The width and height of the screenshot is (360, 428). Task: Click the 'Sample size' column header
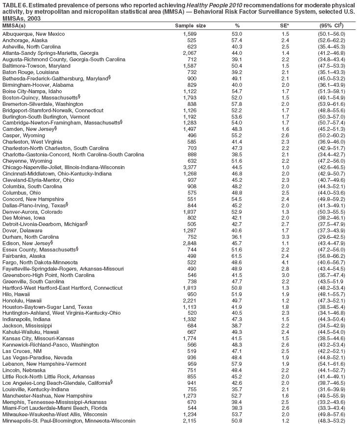coord(190,25)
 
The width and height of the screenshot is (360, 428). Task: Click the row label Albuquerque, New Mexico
coord(33,33)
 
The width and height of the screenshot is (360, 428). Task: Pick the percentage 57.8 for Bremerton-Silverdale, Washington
coord(237,105)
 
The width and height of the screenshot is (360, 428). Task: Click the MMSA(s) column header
coord(14,25)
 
